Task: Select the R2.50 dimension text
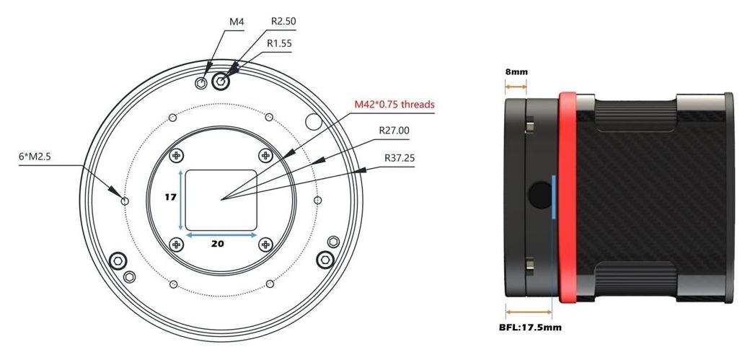[x=283, y=22]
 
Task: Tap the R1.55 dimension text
[x=279, y=43]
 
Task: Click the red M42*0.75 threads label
[x=394, y=105]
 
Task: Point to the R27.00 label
[x=394, y=130]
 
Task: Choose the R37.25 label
[x=400, y=158]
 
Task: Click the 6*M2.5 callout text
[x=34, y=157]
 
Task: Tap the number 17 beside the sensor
[x=171, y=197]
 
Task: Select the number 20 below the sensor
[x=218, y=244]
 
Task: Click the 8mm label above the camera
[x=516, y=72]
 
